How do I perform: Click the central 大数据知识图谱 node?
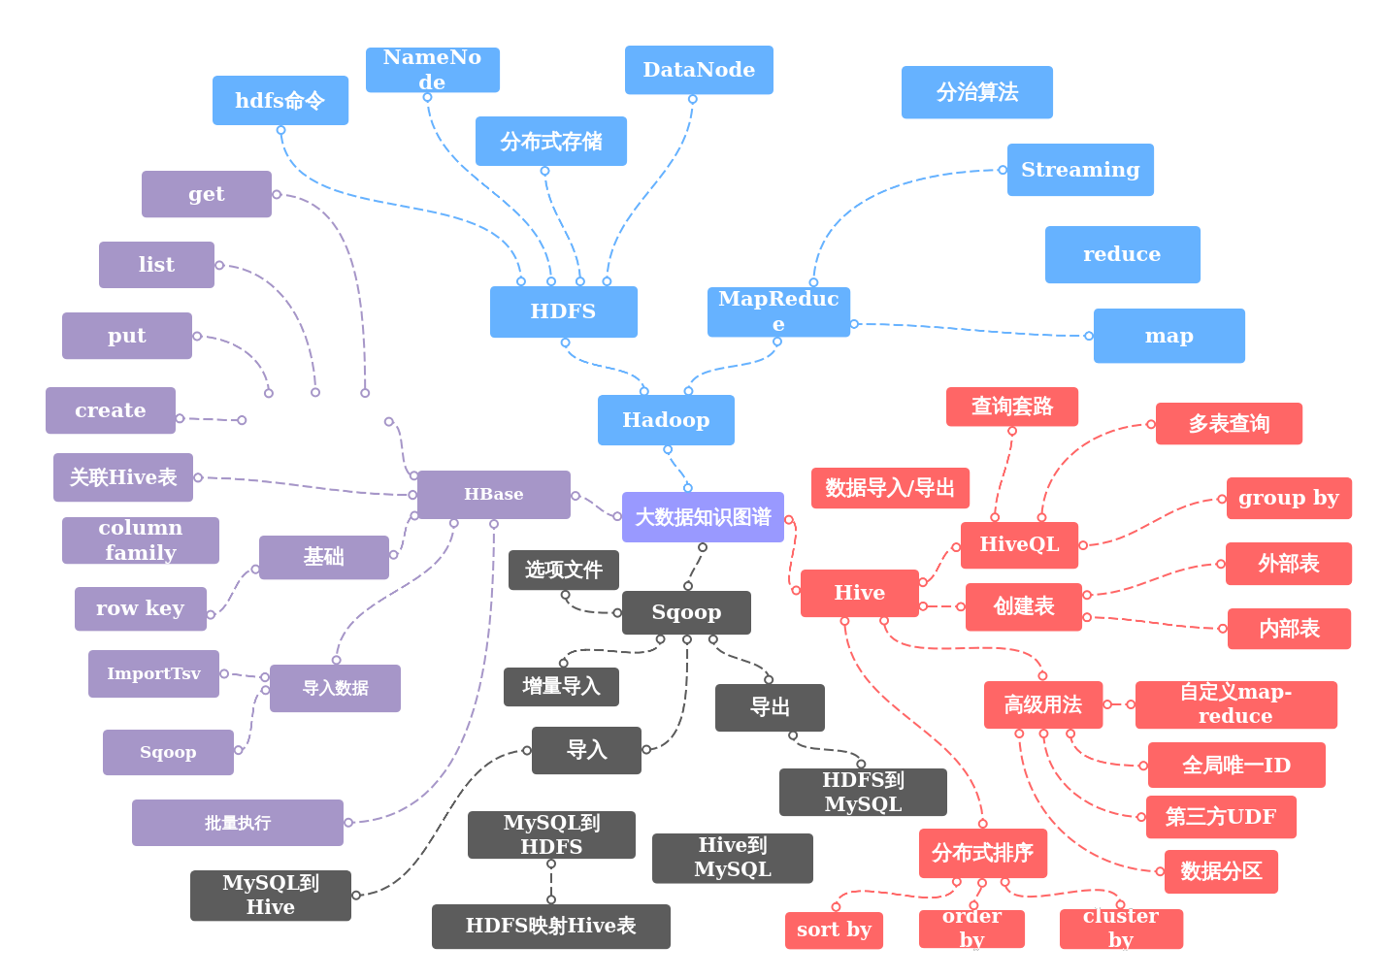click(x=703, y=517)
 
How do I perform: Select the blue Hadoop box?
click(x=666, y=420)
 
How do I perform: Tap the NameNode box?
click(x=433, y=70)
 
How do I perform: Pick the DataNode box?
click(x=699, y=70)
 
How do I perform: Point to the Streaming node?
click(x=1080, y=170)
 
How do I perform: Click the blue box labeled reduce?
click(x=1122, y=254)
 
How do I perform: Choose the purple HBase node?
click(x=493, y=494)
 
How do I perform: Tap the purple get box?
click(x=206, y=194)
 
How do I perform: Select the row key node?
click(x=141, y=608)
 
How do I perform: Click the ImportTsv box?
click(x=153, y=673)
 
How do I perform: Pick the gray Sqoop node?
click(x=686, y=612)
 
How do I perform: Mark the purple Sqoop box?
click(x=168, y=752)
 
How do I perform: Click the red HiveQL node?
click(x=1019, y=544)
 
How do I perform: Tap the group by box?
click(x=1288, y=498)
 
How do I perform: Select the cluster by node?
click(x=1121, y=929)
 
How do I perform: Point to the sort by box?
click(x=834, y=930)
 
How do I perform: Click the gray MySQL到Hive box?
click(x=270, y=895)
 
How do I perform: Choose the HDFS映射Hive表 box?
click(x=550, y=926)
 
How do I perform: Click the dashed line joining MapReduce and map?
click(x=971, y=330)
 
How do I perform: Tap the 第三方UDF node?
click(x=1220, y=817)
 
